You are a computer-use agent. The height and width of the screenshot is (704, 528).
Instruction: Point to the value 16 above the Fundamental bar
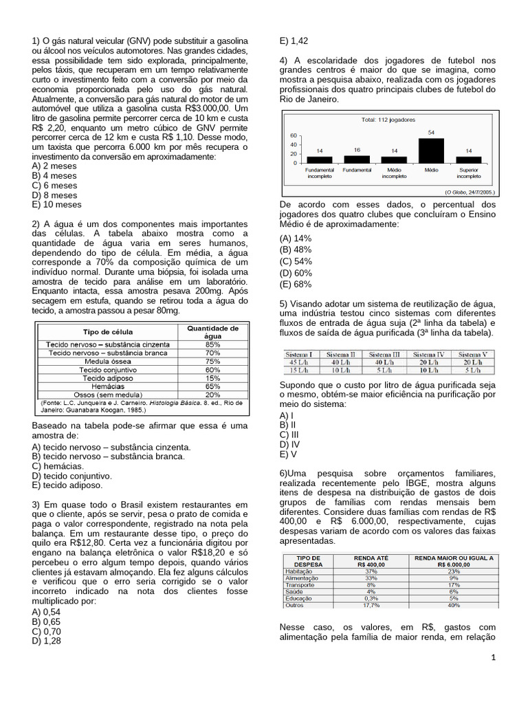pyautogui.click(x=357, y=149)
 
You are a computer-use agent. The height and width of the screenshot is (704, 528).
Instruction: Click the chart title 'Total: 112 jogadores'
pyautogui.click(x=388, y=120)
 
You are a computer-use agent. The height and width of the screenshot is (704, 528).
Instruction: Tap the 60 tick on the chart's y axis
pyautogui.click(x=294, y=135)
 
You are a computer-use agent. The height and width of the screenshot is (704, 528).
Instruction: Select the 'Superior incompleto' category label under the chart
pyautogui.click(x=469, y=173)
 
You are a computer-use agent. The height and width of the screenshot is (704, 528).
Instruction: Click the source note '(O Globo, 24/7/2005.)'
pyautogui.click(x=470, y=192)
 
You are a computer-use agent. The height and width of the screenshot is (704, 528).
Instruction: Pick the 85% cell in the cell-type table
pyautogui.click(x=212, y=344)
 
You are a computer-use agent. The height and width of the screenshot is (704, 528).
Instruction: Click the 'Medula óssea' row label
pyautogui.click(x=108, y=361)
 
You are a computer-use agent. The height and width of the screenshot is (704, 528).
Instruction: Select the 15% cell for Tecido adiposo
pyautogui.click(x=212, y=378)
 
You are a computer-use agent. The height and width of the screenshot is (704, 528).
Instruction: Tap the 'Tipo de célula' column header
pyautogui.click(x=108, y=332)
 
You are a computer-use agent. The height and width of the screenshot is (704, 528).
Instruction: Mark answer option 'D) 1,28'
pyautogui.click(x=46, y=640)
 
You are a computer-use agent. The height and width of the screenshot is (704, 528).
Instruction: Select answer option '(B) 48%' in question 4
pyautogui.click(x=296, y=250)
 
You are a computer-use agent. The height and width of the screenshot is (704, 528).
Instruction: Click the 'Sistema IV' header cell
pyautogui.click(x=429, y=354)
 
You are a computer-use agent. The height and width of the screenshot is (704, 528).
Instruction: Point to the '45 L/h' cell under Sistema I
pyautogui.click(x=302, y=362)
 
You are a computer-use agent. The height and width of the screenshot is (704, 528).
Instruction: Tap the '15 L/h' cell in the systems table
pyautogui.click(x=302, y=371)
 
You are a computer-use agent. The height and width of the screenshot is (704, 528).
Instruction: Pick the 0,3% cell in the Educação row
pyautogui.click(x=371, y=598)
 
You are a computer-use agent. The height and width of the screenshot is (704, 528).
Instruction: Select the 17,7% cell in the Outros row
pyautogui.click(x=371, y=605)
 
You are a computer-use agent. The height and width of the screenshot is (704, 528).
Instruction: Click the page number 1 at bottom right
pyautogui.click(x=493, y=658)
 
